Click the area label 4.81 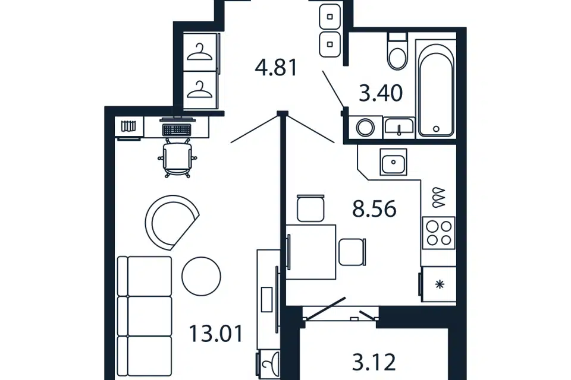pos(277,68)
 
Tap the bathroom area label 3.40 pos(381,93)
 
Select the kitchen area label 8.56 pos(374,209)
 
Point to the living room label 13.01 pos(216,334)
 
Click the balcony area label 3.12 pos(374,362)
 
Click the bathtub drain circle pos(436,128)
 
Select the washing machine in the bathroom pos(365,128)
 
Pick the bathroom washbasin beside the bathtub pos(399,127)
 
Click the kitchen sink pos(393,162)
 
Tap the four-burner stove pos(439,233)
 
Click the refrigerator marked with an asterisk pos(438,284)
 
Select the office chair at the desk pos(177,159)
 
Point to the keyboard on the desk pos(177,129)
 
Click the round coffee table pos(201,276)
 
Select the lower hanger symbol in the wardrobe pos(199,90)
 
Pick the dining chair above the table pos(310,208)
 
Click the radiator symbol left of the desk pos(128,126)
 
